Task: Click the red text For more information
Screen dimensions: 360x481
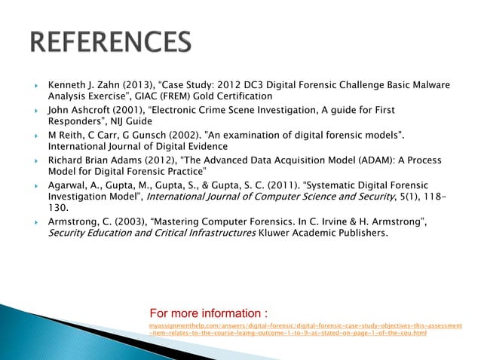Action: coord(208,313)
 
